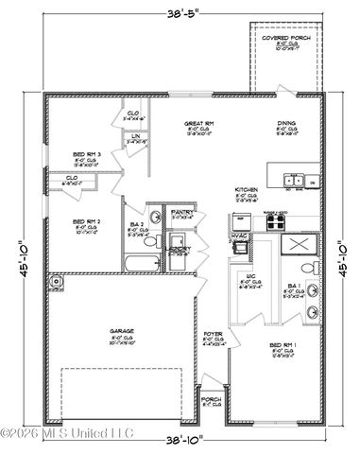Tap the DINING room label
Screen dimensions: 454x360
[x=285, y=123]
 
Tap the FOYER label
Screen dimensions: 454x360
[x=214, y=335]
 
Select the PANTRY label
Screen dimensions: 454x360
[x=181, y=213]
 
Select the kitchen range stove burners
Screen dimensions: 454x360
[x=274, y=222]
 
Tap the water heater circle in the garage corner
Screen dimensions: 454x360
[x=57, y=280]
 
